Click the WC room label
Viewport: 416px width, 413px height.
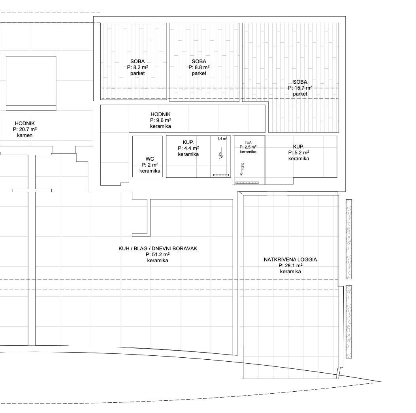coord(150,159)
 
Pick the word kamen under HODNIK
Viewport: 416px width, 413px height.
coord(24,135)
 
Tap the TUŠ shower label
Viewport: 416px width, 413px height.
coord(248,143)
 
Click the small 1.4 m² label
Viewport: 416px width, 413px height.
coord(222,139)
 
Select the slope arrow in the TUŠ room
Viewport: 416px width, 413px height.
coord(241,169)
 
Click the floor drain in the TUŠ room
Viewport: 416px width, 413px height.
coord(247,183)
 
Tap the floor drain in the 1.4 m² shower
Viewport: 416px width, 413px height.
coord(221,175)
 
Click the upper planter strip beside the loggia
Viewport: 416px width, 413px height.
coord(349,239)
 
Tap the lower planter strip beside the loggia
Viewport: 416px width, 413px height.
coord(349,322)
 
